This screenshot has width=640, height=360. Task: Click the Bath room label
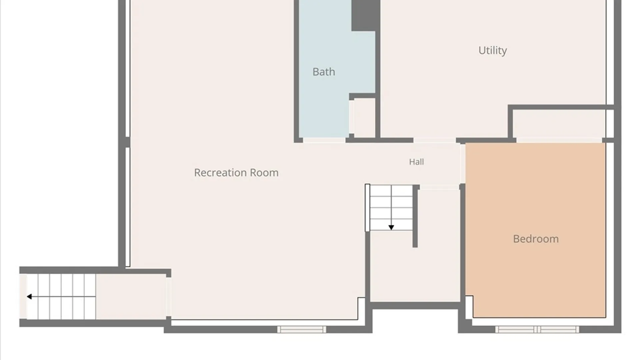[324, 72]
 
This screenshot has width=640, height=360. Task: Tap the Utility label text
[493, 50]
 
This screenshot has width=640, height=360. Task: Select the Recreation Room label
[236, 173]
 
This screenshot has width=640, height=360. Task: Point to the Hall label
[416, 162]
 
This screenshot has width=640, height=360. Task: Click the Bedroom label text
[536, 239]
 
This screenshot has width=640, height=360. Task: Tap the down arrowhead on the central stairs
[391, 227]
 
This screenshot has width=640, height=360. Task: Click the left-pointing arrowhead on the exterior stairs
[29, 296]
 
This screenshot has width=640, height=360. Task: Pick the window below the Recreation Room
[302, 329]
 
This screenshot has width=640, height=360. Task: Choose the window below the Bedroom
[537, 329]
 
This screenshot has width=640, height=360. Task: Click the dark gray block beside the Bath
[366, 15]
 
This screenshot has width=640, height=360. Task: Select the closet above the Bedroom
[559, 123]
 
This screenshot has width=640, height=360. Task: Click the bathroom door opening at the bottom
[324, 140]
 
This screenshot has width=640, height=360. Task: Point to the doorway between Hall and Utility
[435, 140]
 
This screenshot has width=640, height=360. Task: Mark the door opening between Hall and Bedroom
[463, 163]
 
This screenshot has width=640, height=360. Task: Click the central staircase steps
[391, 208]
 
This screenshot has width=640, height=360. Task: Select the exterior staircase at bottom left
[61, 296]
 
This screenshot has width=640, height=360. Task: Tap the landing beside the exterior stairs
[131, 296]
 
